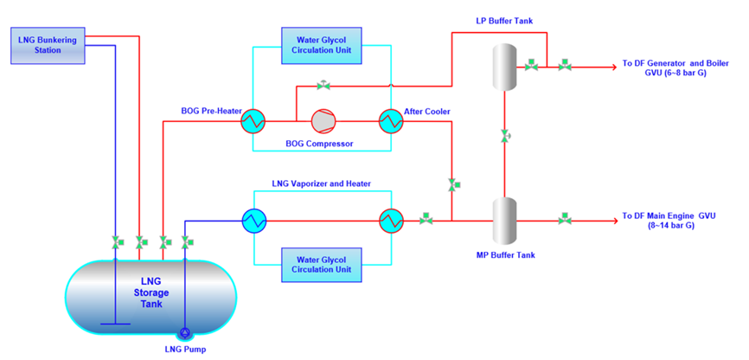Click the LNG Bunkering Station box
48,45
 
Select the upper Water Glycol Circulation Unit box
322,45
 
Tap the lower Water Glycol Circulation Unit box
322,265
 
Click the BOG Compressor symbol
323,121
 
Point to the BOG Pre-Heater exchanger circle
253,121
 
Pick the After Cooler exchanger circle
391,121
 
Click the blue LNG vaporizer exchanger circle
253,221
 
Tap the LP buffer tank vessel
505,67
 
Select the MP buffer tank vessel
505,221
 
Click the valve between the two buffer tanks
505,137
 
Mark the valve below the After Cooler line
452,185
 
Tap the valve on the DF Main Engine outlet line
565,220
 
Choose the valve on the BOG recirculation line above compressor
324,85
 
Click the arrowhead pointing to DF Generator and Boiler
613,67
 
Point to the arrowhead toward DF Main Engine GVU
613,221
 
